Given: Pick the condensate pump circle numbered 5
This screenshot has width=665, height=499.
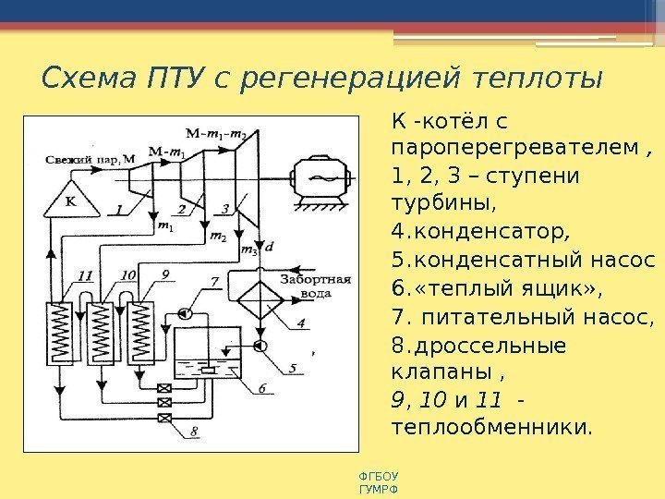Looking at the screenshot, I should coord(262,346).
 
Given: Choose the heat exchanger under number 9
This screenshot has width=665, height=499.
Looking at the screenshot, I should coord(140,334).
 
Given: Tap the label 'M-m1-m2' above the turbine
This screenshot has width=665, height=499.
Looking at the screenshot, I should coord(214,132).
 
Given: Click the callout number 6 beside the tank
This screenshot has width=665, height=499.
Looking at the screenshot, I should coord(260,388).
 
